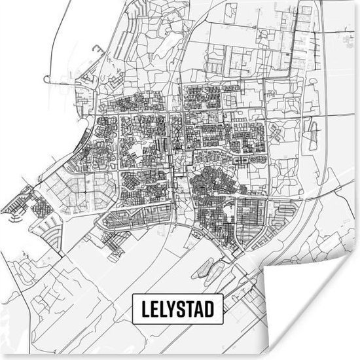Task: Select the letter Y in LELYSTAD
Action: [171, 309]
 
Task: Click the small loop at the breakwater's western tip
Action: [46, 79]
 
